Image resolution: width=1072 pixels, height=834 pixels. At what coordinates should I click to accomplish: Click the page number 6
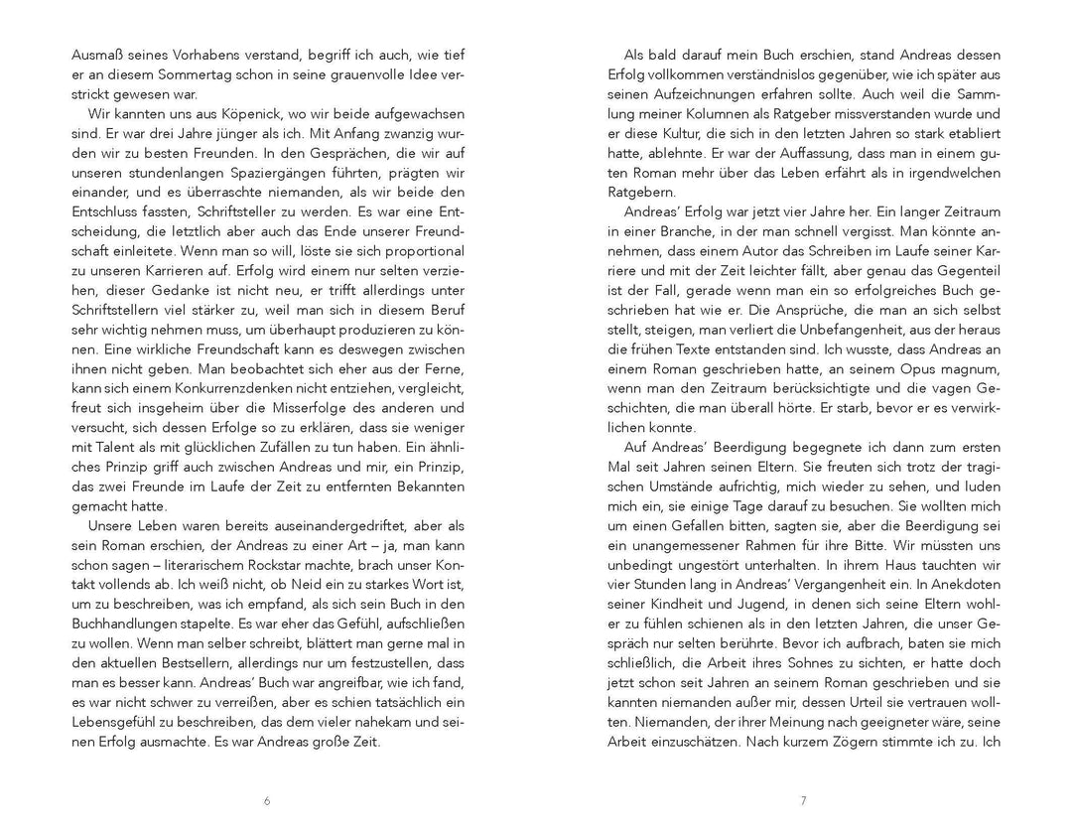point(267,800)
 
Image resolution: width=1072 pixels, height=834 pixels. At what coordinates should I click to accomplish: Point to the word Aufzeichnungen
point(697,93)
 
